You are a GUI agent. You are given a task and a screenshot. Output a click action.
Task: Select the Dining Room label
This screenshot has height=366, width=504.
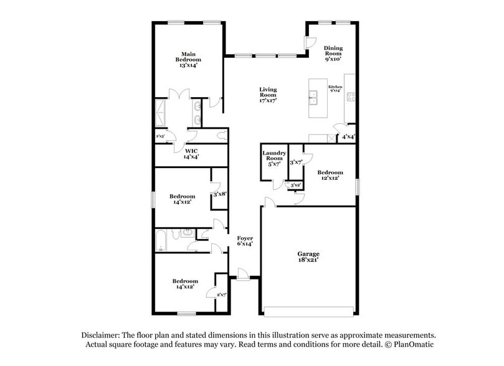point(334,53)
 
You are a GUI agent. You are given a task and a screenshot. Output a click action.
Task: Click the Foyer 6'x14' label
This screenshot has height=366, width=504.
point(244,241)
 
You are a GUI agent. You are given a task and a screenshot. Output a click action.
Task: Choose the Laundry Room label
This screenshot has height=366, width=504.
point(273,159)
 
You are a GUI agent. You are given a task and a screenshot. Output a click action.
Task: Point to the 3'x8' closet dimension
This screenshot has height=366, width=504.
point(219,194)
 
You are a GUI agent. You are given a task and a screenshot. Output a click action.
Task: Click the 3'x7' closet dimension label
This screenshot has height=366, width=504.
point(296,162)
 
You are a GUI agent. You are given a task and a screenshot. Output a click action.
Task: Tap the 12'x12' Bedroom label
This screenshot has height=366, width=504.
point(330,175)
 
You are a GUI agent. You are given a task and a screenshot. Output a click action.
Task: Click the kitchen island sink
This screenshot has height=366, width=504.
point(315,96)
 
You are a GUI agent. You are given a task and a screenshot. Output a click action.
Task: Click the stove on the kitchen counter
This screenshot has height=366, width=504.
point(351,96)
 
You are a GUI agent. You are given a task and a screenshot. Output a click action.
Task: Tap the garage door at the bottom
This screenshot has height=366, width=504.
point(308,310)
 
